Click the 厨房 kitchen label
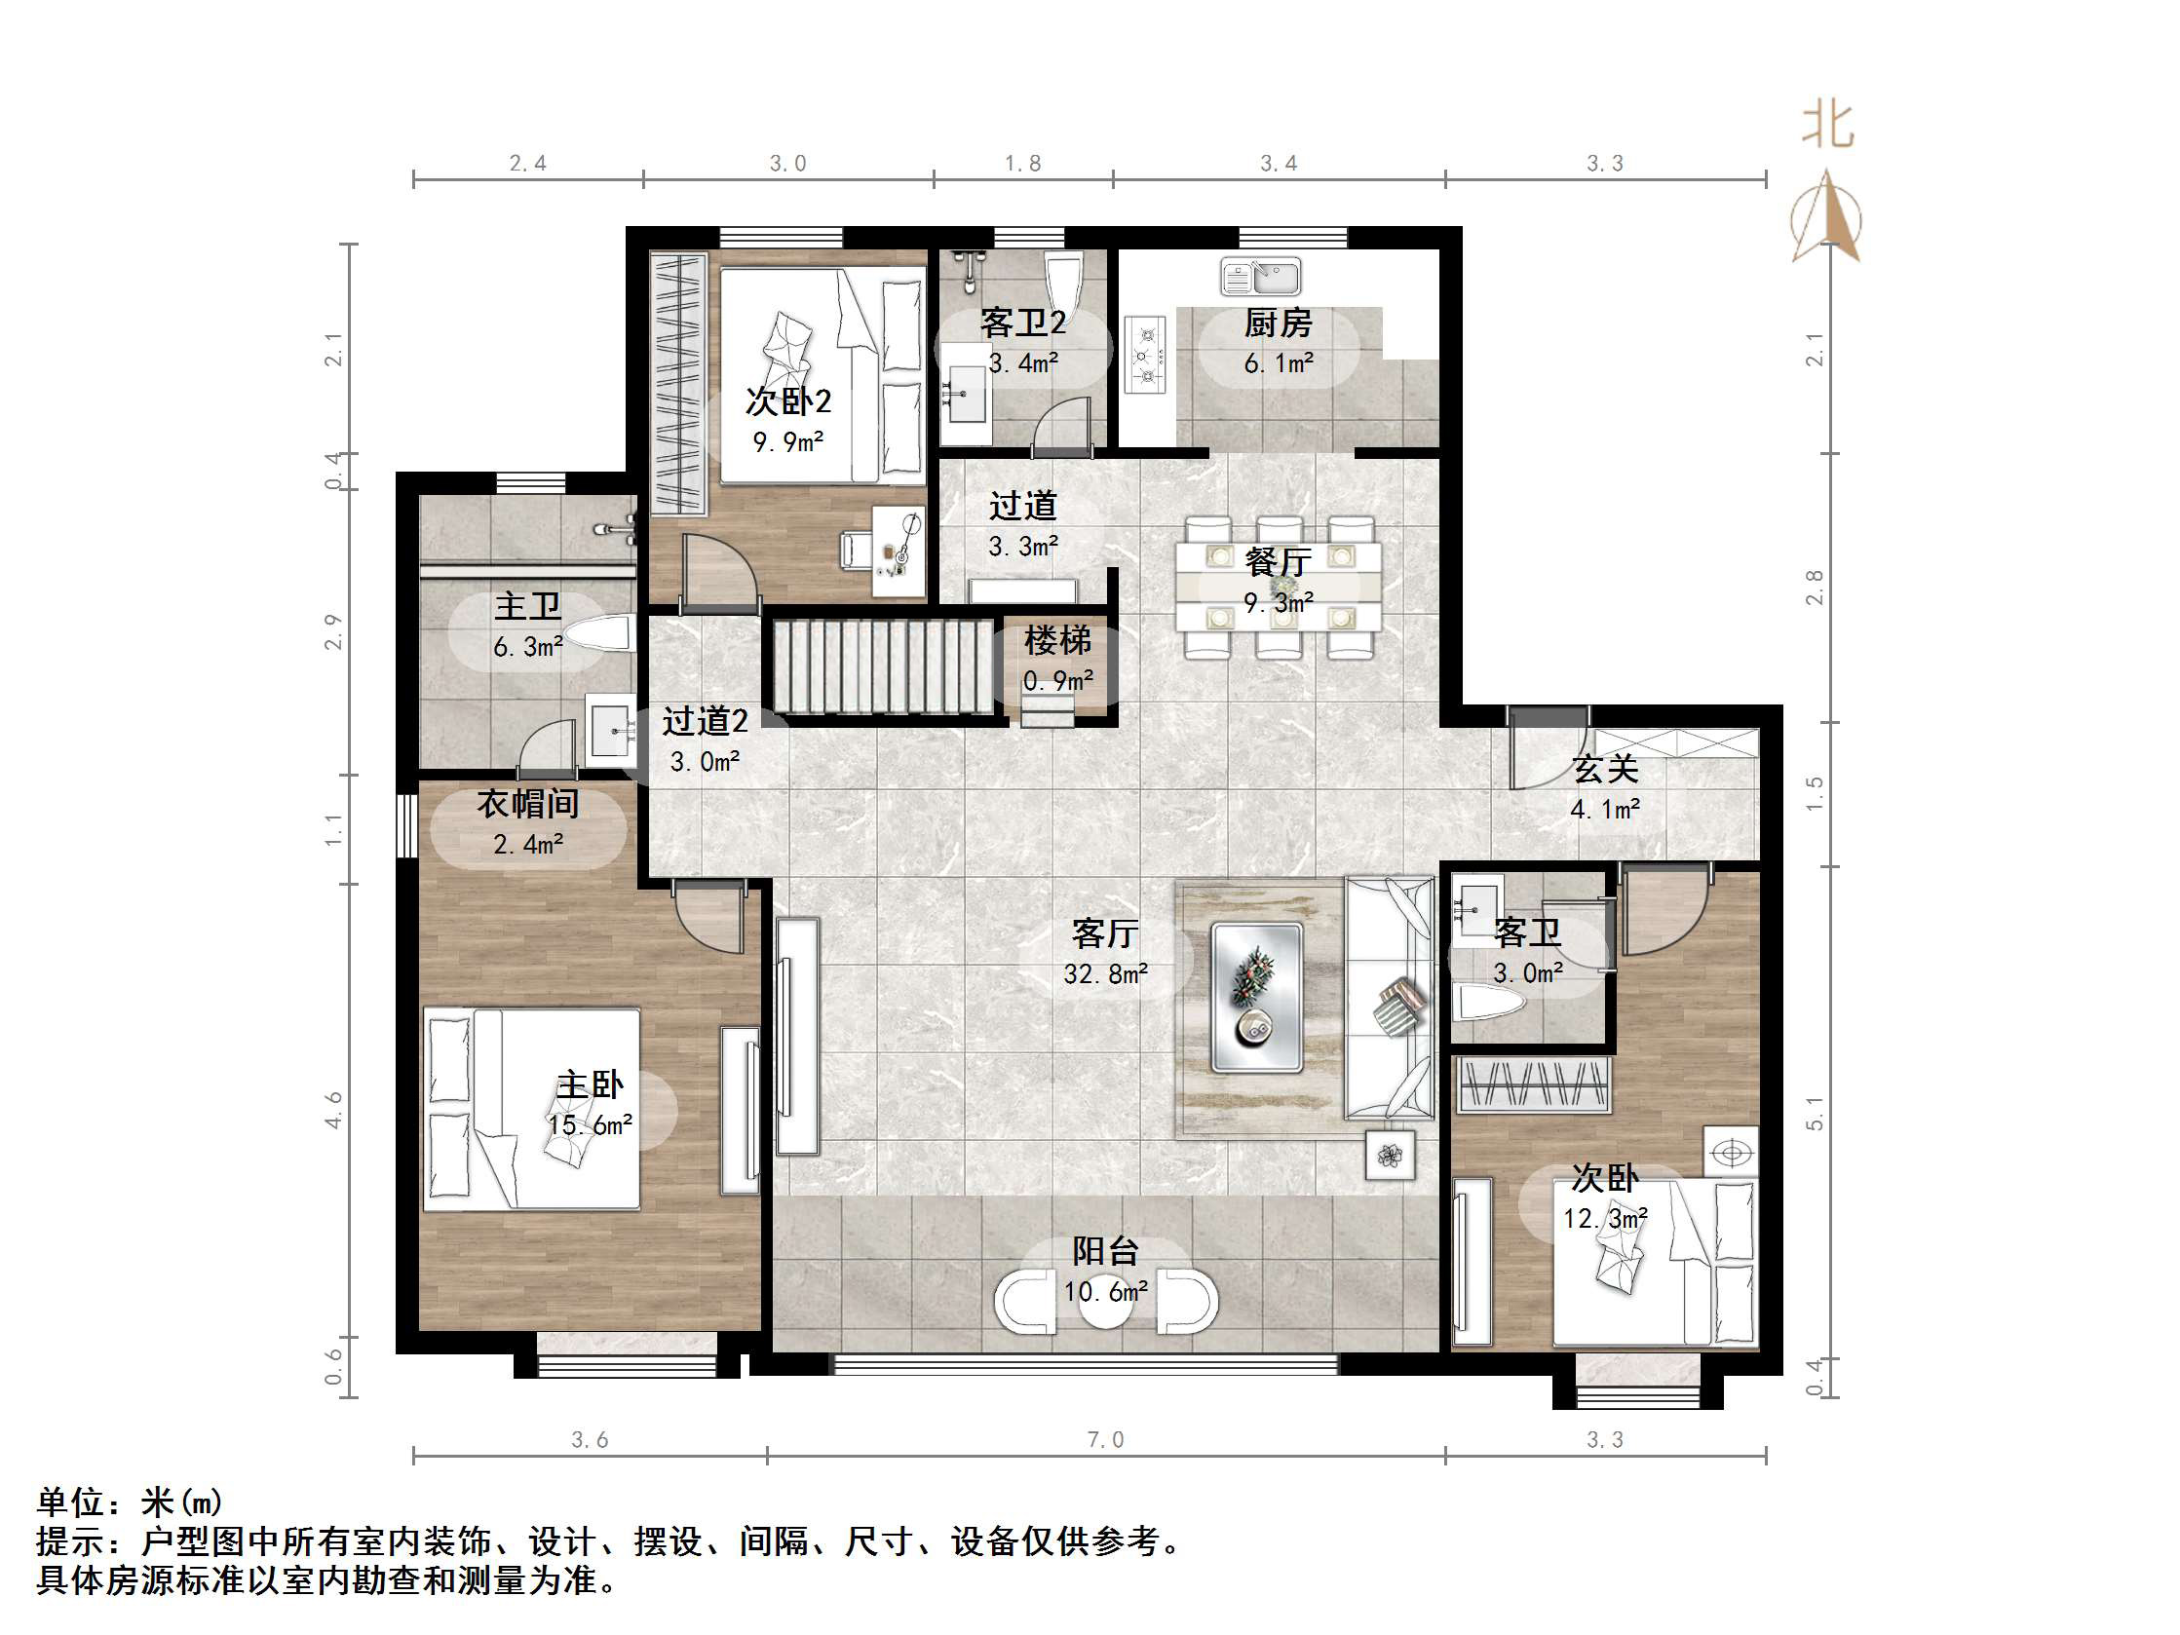click(1278, 323)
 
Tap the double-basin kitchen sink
click(1260, 277)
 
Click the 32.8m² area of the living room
click(1105, 973)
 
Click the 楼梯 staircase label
click(1057, 640)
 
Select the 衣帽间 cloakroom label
click(527, 803)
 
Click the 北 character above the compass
click(1827, 126)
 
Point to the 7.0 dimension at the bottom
click(1105, 1440)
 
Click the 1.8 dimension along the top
click(1022, 164)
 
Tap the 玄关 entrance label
click(1604, 768)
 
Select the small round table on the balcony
click(1105, 1301)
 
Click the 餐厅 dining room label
click(1278, 562)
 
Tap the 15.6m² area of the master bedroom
click(590, 1125)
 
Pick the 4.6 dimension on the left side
click(334, 1109)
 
